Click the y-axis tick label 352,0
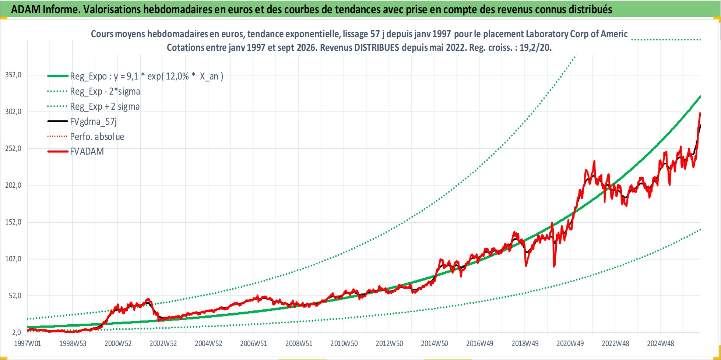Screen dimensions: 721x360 tap(13, 75)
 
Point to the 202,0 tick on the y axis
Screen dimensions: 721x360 tap(13, 185)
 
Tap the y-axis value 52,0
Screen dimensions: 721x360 tap(15, 296)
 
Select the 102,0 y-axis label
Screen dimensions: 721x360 tap(13, 259)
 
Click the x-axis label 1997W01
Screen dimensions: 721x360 tap(28, 343)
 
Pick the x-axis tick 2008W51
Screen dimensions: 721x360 tap(299, 343)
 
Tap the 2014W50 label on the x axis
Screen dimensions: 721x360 tap(435, 343)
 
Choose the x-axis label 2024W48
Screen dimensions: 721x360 tap(661, 343)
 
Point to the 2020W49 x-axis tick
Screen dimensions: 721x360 tap(570, 343)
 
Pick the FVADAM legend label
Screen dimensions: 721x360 tap(87, 151)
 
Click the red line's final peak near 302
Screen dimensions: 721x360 tap(700, 113)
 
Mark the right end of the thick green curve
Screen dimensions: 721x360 tap(700, 96)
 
